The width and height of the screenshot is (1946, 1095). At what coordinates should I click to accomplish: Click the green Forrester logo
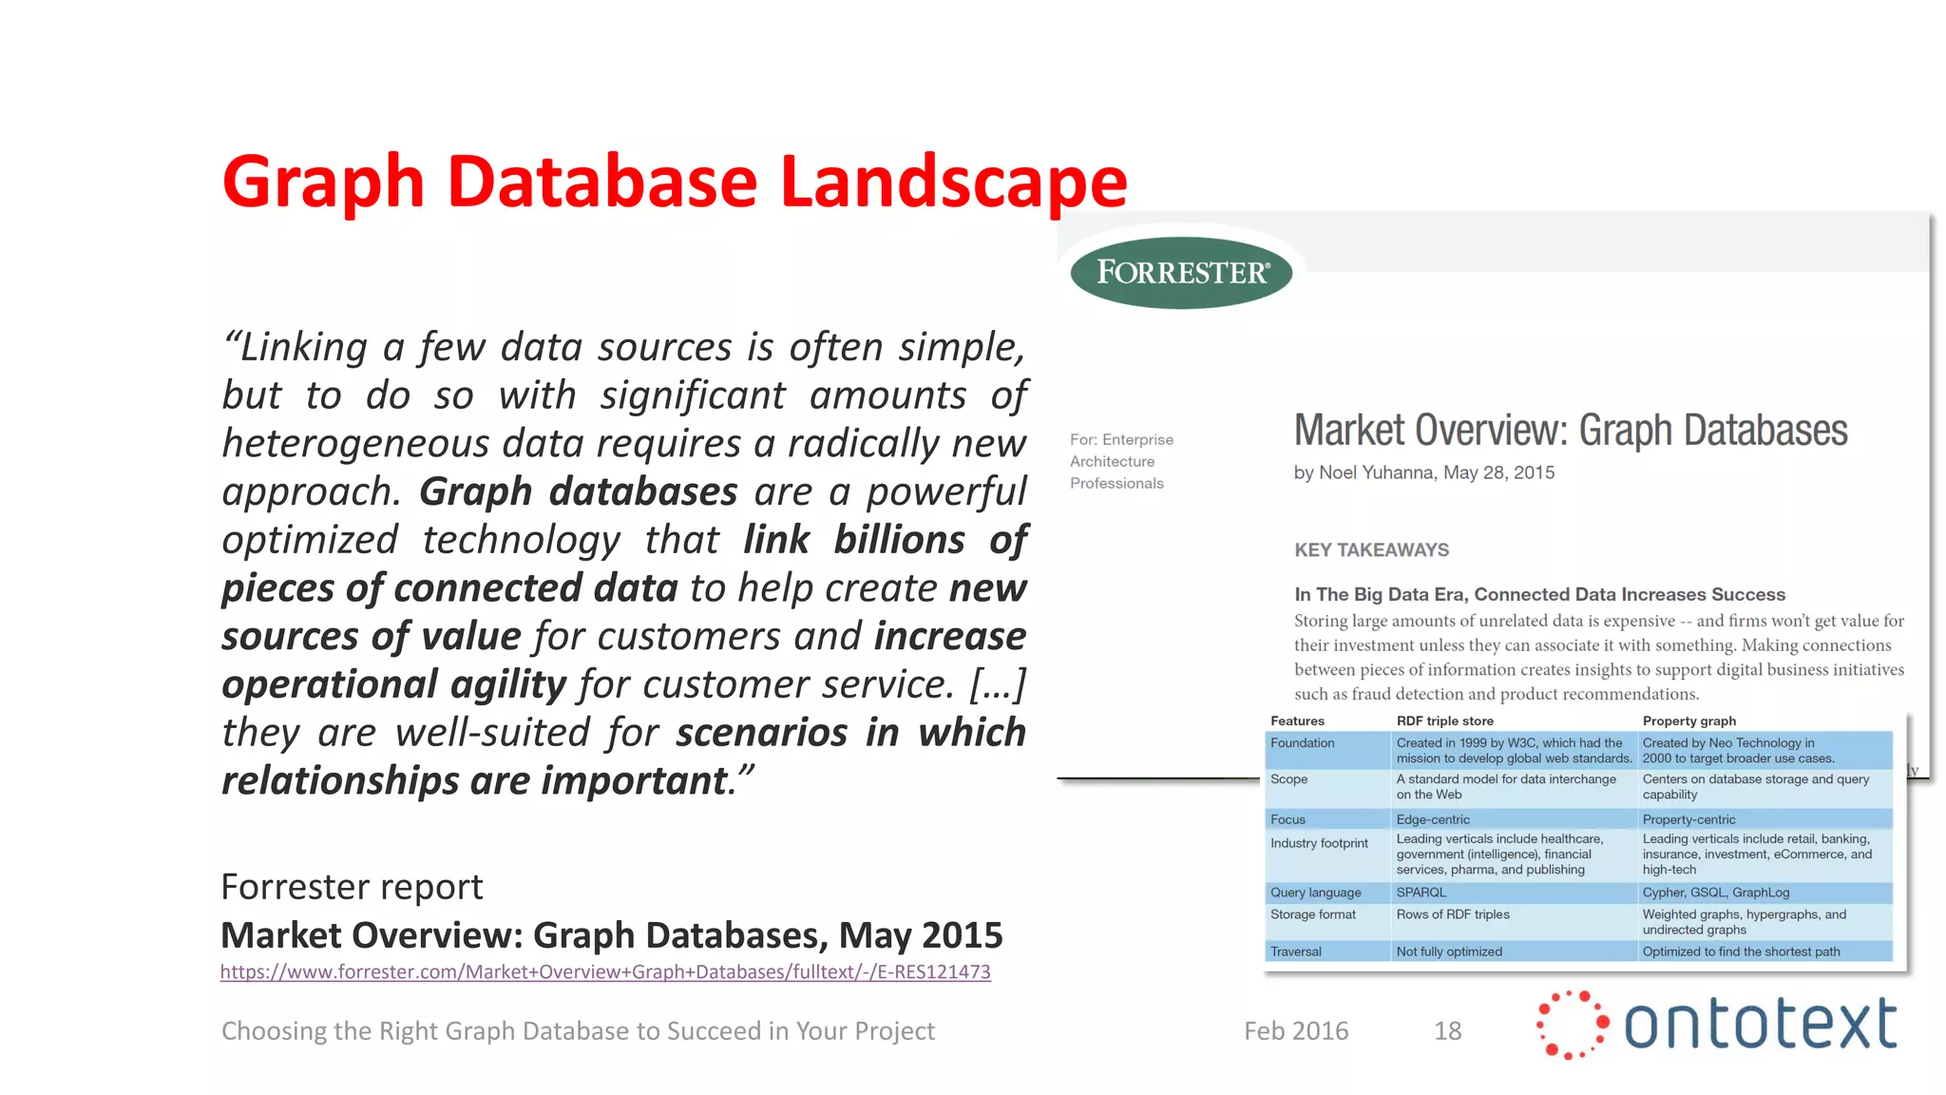point(1181,273)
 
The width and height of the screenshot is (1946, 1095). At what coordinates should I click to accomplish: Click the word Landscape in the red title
point(953,182)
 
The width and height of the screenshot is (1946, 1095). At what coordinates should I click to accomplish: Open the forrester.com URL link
point(605,972)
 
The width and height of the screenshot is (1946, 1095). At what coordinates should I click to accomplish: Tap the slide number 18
point(1447,1031)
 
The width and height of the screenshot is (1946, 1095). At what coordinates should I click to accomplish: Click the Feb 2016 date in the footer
point(1296,1031)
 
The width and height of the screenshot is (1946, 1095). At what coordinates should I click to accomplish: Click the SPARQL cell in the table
point(1421,893)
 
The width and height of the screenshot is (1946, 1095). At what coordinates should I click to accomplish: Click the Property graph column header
point(1689,721)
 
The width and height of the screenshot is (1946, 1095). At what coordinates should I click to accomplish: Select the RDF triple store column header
point(1444,721)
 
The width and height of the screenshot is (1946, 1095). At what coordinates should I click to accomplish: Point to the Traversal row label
point(1296,951)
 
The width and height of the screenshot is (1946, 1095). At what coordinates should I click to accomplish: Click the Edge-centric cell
point(1433,819)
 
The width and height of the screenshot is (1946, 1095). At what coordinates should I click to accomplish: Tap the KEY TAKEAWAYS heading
point(1371,550)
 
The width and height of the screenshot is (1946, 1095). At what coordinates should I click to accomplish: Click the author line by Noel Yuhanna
point(1423,473)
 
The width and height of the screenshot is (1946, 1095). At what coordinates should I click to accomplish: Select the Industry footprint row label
point(1319,843)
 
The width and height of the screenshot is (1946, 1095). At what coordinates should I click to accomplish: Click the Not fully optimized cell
point(1449,951)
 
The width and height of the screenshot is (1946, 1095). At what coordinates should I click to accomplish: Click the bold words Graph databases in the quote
point(578,492)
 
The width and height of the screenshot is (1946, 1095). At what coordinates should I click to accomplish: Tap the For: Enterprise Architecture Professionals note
point(1120,461)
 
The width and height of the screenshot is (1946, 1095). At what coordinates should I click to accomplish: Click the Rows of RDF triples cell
point(1452,914)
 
